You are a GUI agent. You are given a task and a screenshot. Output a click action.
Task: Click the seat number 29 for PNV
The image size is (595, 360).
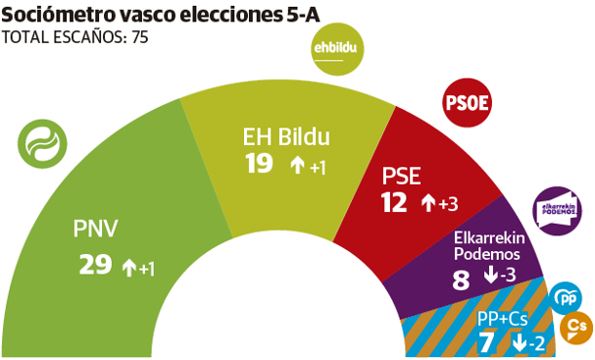click(96, 266)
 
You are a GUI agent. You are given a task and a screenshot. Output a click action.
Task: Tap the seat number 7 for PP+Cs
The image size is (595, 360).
click(486, 342)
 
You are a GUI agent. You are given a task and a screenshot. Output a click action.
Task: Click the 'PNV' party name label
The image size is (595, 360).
click(96, 230)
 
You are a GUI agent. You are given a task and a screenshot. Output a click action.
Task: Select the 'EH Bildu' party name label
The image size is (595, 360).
click(286, 136)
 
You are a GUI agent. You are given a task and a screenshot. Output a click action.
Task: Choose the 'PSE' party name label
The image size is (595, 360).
click(401, 177)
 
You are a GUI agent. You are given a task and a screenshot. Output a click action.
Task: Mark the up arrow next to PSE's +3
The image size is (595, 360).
click(427, 204)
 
